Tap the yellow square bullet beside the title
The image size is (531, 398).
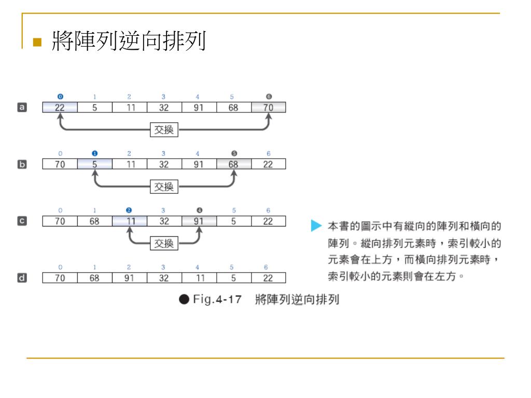point(36,42)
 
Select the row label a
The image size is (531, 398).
point(22,107)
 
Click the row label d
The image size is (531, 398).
point(22,278)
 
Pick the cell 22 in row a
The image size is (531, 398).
point(60,107)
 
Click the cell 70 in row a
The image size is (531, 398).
point(268,107)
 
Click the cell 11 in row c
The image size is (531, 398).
point(129,221)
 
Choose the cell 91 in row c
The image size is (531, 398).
point(199,221)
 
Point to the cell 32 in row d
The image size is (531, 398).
point(164,278)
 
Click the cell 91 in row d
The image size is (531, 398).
point(129,278)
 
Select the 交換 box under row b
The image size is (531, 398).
point(163,187)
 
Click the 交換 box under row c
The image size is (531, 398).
point(163,243)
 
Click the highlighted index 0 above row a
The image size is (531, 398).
point(60,96)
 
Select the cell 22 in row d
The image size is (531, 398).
point(268,278)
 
